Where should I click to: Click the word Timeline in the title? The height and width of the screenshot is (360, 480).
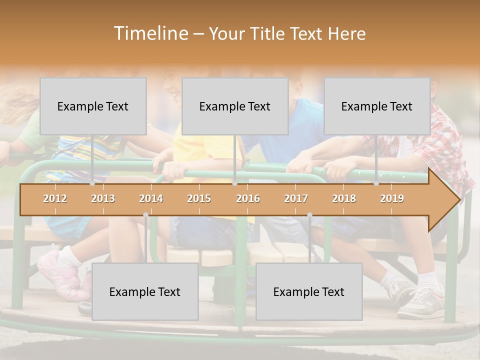150,33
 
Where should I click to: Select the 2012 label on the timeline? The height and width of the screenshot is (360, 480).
55,198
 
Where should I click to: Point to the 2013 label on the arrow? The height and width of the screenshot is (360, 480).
103,198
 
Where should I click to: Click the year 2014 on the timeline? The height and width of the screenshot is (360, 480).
151,198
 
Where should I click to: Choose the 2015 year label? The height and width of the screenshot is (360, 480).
199,198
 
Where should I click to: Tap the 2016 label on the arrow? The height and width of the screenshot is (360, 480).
248,198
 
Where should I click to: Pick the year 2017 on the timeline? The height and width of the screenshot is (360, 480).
296,198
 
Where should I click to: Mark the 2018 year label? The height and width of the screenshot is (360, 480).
344,198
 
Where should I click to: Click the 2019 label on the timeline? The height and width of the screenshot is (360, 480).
392,198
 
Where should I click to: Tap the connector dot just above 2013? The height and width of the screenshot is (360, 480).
92,183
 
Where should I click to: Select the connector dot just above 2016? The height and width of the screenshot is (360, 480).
234,183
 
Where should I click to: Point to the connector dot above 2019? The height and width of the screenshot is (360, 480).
376,183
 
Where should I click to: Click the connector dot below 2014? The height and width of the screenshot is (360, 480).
145,215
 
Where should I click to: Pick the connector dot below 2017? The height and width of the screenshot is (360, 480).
309,215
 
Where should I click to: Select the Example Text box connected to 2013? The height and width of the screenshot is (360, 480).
93,106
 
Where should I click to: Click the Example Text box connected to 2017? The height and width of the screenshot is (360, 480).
309,291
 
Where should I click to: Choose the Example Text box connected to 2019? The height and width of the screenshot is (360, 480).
377,106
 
